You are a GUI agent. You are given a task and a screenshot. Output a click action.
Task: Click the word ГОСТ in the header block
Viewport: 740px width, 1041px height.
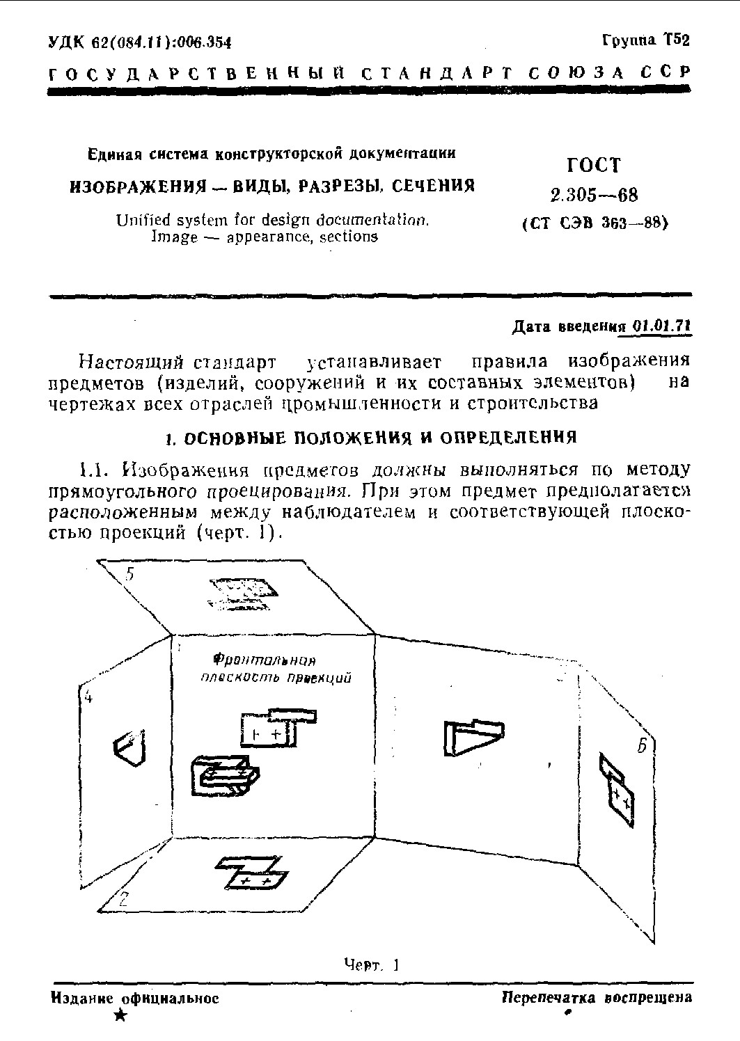point(593,165)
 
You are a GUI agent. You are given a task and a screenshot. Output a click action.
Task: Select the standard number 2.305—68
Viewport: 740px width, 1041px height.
point(593,195)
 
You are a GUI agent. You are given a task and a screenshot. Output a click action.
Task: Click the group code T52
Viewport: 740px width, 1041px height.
point(677,40)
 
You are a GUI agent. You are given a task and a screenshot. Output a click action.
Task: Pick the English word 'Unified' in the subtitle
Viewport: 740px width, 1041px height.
point(143,221)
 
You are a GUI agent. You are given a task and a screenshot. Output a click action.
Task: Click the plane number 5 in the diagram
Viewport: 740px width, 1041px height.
point(130,575)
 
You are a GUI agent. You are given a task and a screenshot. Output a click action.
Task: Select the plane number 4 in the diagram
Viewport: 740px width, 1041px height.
point(88,698)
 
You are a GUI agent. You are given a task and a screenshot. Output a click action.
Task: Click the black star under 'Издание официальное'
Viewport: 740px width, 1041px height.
point(120,1017)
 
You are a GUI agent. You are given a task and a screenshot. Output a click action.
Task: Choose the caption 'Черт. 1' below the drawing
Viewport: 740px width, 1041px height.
point(371,964)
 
